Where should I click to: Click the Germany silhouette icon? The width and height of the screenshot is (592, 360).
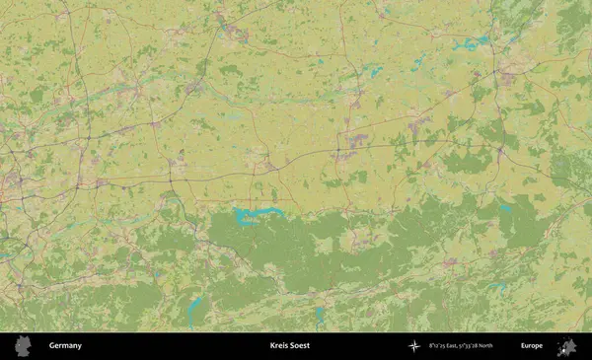point(26,346)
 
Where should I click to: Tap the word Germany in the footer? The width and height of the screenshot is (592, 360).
point(65,346)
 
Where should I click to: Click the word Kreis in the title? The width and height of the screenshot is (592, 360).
point(279,346)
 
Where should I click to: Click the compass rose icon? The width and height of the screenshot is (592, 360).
point(413,346)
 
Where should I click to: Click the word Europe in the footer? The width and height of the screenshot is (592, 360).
point(531,346)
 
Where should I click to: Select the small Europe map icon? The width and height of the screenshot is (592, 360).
point(566,346)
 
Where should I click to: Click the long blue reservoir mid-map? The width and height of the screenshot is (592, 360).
point(259,212)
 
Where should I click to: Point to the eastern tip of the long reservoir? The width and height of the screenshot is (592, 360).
point(284,210)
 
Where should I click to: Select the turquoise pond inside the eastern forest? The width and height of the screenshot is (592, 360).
point(505,209)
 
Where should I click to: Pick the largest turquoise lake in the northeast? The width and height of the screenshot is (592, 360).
point(468,44)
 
